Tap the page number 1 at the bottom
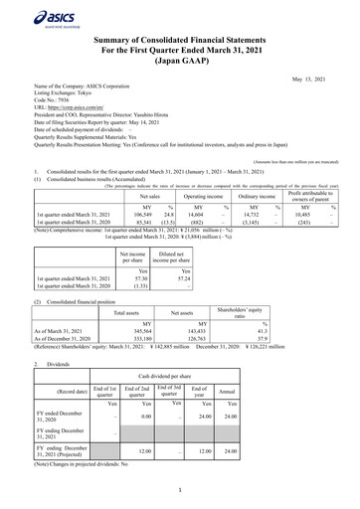[x=180, y=489]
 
